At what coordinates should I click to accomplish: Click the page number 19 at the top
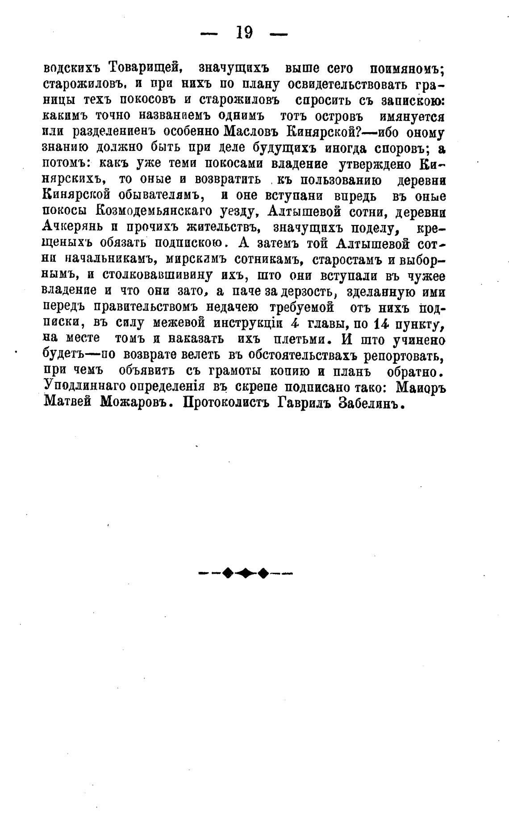[x=243, y=33]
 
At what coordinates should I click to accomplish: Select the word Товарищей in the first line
[x=144, y=68]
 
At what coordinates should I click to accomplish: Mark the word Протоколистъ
[x=228, y=403]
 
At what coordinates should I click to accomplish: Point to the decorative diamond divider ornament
[x=245, y=573]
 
